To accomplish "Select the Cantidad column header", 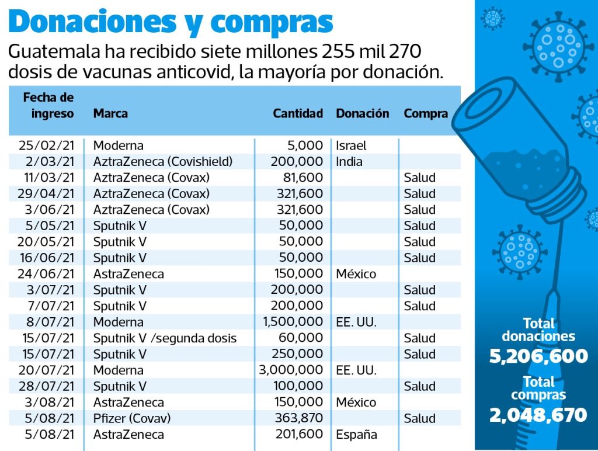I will (297, 113).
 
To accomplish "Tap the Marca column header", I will (110, 113).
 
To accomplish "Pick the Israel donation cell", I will (351, 145).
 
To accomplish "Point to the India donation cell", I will (349, 161).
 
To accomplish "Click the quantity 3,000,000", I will (291, 370).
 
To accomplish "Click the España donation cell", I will (356, 434).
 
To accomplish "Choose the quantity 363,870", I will (298, 418).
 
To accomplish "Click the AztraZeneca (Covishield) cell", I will (163, 161).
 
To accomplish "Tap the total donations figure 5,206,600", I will (538, 356).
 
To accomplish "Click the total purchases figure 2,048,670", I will (538, 415).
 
